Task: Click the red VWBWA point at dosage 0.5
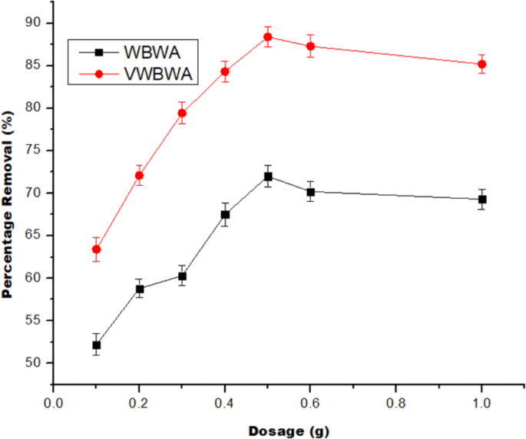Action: pos(268,37)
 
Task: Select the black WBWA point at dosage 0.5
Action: pos(268,177)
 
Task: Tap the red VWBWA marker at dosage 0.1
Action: pos(96,249)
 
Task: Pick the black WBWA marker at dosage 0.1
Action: pos(96,345)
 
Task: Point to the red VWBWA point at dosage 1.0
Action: pos(482,64)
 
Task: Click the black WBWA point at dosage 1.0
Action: pos(482,200)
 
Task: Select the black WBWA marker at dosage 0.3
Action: pos(182,276)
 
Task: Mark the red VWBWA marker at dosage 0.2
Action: pos(139,176)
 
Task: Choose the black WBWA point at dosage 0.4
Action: pos(225,214)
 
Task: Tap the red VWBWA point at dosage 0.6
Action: pos(311,46)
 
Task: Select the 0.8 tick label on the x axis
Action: pos(397,401)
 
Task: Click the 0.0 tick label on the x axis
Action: pos(53,401)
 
